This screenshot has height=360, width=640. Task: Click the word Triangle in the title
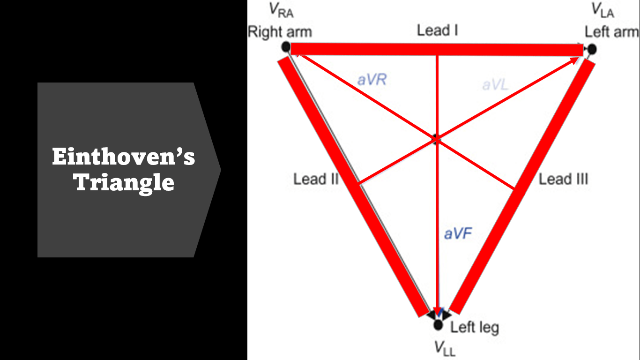pyautogui.click(x=124, y=182)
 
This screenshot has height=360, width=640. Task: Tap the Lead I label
pyautogui.click(x=437, y=31)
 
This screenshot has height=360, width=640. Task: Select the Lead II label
pyautogui.click(x=315, y=179)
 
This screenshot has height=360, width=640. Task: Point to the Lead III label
pyautogui.click(x=563, y=179)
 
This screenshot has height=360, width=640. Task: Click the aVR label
pyautogui.click(x=372, y=80)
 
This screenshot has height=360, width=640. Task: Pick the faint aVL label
pyautogui.click(x=495, y=84)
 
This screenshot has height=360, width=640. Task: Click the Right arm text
pyautogui.click(x=280, y=32)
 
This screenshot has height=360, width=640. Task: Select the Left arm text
pyautogui.click(x=611, y=32)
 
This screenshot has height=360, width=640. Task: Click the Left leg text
pyautogui.click(x=475, y=327)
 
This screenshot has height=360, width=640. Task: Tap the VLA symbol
pyautogui.click(x=602, y=10)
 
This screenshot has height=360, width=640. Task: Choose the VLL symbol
pyautogui.click(x=444, y=348)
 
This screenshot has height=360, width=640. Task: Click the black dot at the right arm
pyautogui.click(x=286, y=47)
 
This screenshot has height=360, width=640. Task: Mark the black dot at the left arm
pyautogui.click(x=592, y=49)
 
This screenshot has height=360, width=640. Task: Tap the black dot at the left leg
pyautogui.click(x=438, y=324)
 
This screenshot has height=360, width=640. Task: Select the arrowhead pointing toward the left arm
pyautogui.click(x=573, y=60)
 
